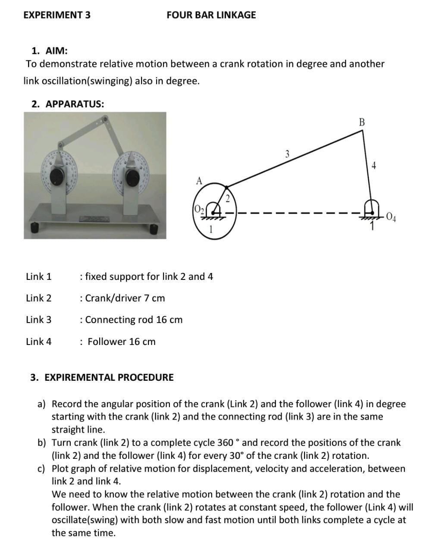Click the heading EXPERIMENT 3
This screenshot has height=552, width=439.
57,15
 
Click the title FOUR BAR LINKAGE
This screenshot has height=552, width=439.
211,15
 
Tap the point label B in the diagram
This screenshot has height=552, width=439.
361,122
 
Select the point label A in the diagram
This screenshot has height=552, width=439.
199,181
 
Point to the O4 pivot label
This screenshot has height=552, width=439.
392,216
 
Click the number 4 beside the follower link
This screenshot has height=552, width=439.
373,165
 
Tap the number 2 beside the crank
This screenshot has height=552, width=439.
228,199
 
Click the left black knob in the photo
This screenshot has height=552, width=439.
56,176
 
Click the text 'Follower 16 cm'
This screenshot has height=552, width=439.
121,342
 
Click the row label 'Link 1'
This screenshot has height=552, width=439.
38,276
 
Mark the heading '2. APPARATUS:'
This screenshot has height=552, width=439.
68,104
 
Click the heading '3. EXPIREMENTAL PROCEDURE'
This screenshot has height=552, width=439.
102,377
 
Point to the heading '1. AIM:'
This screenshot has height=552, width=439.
50,51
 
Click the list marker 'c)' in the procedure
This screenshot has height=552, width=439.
42,468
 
